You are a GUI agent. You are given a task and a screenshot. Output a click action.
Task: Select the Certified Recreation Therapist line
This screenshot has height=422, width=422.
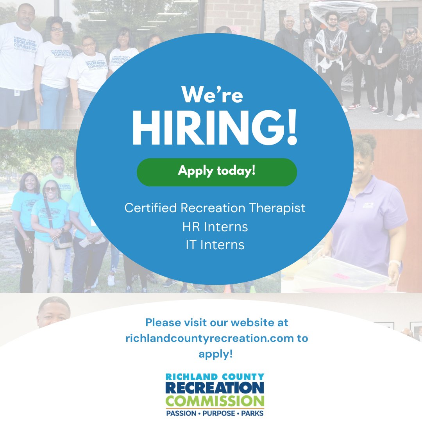click(215, 208)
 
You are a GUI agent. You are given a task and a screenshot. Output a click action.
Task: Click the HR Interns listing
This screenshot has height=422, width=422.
click(215, 227)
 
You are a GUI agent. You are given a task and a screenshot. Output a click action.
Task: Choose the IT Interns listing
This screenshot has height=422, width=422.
click(215, 245)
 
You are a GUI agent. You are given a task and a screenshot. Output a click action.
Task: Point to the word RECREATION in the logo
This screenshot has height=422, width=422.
click(215, 388)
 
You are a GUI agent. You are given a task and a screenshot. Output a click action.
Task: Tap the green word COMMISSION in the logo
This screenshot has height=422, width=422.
click(215, 401)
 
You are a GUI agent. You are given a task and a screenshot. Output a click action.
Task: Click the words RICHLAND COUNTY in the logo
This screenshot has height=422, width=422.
click(215, 377)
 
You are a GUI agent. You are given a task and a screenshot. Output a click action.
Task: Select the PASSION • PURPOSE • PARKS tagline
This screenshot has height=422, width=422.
click(215, 413)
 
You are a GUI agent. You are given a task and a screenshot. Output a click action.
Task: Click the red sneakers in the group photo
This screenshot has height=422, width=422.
click(354, 106)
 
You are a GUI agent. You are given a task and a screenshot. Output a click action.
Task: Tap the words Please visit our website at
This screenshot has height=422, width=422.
click(216, 323)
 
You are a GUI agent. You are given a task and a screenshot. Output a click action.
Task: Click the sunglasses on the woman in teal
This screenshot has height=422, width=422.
click(51, 189)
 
